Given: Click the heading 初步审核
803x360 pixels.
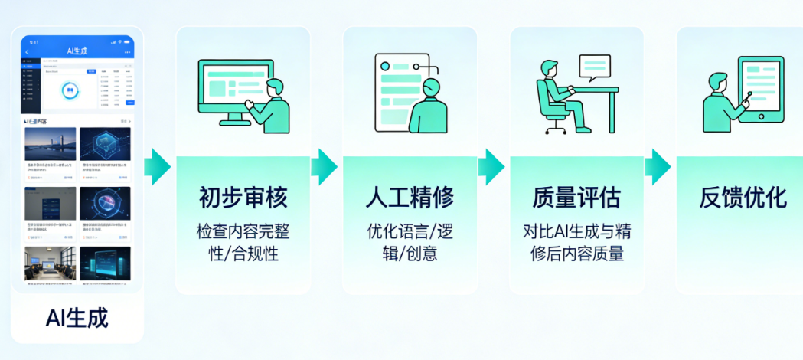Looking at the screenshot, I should pos(243,198).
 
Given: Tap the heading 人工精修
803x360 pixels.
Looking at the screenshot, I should pos(410,198).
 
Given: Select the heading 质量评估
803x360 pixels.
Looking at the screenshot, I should pos(576,198).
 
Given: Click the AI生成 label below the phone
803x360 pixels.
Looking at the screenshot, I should pos(77,318).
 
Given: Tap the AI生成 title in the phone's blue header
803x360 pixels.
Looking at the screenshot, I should pos(78,51).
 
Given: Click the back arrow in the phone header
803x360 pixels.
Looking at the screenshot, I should pos(28,51).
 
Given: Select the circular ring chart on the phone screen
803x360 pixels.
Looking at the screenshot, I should pos(71,90).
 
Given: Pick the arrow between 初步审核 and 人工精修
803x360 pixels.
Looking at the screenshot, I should pos(325,166).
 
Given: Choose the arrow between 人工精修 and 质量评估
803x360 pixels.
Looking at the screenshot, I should pos(491,166).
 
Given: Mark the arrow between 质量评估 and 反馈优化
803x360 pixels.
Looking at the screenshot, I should pos(658,166).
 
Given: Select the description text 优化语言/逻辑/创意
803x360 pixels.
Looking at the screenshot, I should pos(410,242).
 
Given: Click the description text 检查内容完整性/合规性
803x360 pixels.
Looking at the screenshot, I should pos(243,242).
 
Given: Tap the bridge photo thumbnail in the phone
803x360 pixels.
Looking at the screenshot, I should pos(50,143).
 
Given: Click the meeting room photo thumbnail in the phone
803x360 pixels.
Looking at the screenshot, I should pos(50,263).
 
